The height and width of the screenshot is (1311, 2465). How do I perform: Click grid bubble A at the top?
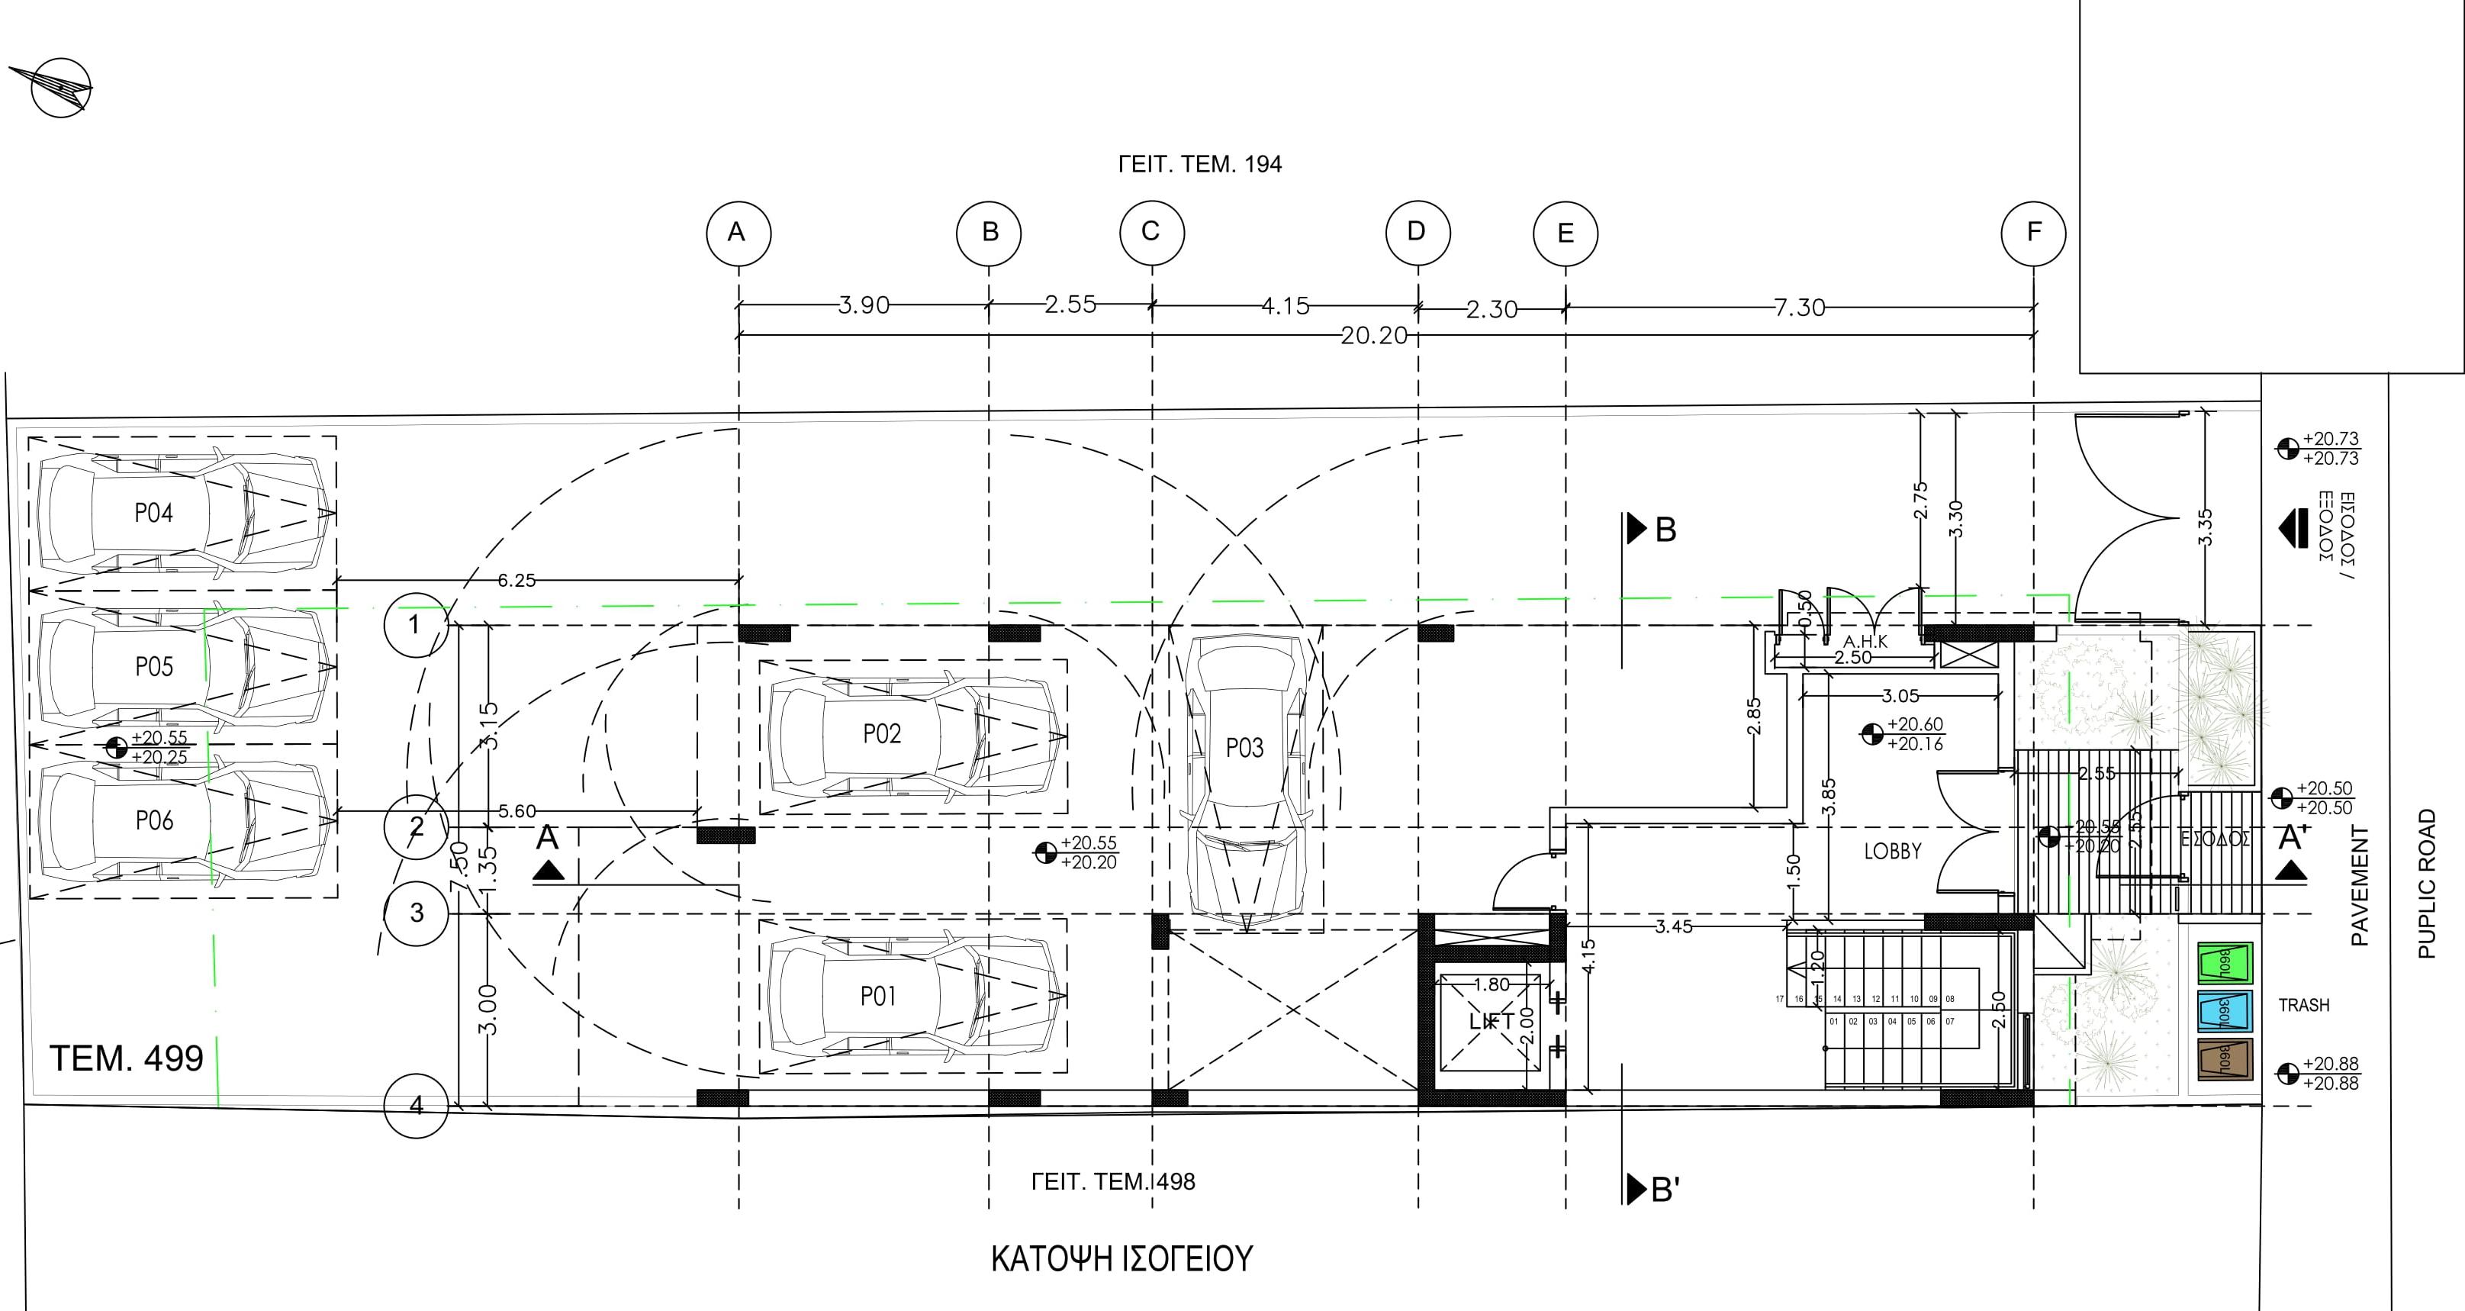[738, 233]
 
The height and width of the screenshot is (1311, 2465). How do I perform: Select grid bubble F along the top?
[2033, 233]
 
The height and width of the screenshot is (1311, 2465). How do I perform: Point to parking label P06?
[154, 820]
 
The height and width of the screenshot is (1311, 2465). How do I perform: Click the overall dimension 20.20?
[1373, 336]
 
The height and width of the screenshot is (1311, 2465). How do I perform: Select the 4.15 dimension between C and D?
[1284, 306]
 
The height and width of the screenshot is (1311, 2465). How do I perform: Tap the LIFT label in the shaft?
[1491, 1021]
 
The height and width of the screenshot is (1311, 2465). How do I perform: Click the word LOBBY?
[1892, 851]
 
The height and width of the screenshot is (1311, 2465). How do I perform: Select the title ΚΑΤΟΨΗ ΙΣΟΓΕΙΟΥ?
[1121, 1258]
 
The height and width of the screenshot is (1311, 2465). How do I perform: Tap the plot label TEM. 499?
[127, 1058]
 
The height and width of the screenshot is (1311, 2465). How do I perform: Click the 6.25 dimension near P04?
[516, 580]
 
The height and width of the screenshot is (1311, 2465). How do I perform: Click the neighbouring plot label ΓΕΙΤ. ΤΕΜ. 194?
[1199, 165]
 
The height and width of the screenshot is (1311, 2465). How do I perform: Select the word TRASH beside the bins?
[2303, 1005]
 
